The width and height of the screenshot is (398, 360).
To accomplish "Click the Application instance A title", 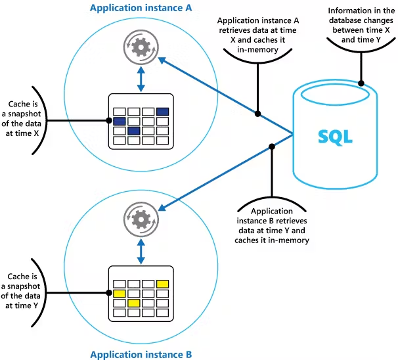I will pos(141,9).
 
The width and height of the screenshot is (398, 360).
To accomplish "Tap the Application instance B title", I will pos(141,354).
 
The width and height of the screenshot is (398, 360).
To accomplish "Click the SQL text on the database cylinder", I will pos(335,137).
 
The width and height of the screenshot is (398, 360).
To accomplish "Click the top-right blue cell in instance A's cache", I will pos(162,111).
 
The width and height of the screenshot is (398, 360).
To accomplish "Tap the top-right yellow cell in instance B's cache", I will pos(162,283).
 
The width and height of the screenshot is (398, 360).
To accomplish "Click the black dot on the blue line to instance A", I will pos(258,114).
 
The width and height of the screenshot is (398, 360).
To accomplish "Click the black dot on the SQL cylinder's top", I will pos(361,83).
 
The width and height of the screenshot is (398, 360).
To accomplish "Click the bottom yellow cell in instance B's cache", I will pos(133,303).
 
